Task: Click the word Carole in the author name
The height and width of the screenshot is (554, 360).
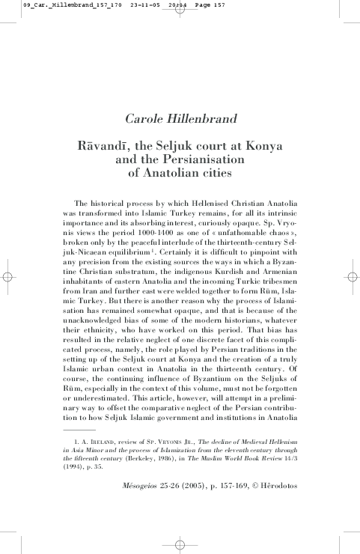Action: (145, 118)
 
